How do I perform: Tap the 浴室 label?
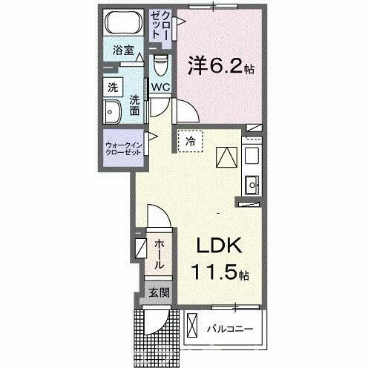pos(123,51)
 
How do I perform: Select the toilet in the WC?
pos(160,68)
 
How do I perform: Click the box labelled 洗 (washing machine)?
pos(113,87)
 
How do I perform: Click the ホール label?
pos(159,254)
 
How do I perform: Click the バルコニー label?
pos(230,328)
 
